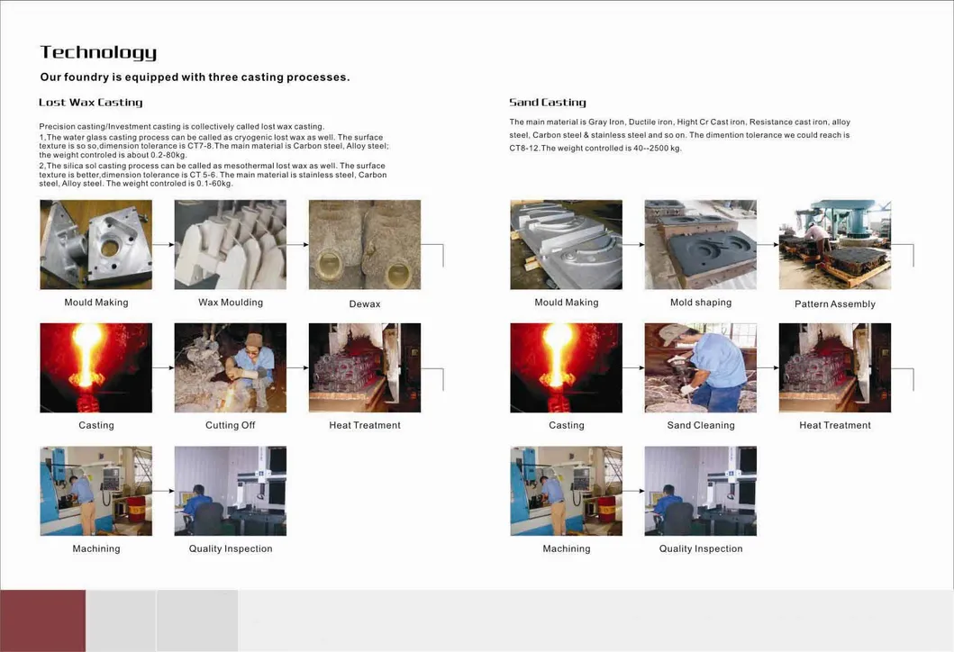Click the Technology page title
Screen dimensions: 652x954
pos(98,52)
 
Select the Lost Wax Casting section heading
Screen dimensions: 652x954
pos(90,103)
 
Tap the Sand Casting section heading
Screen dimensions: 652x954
pos(547,103)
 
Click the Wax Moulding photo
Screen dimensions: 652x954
pos(230,244)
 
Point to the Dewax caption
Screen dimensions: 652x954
pos(365,304)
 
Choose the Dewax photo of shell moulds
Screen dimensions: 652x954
pos(365,244)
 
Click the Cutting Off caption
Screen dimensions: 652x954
pos(230,425)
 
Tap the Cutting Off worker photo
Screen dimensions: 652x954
pos(230,367)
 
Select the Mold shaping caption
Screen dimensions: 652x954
pos(701,303)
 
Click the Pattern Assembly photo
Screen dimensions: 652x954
pos(835,244)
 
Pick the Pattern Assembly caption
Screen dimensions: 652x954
pos(835,304)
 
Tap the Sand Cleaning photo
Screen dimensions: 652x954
pos(701,367)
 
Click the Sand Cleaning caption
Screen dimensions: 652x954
pos(701,425)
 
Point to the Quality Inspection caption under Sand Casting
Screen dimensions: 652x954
pos(701,548)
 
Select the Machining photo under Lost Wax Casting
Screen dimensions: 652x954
pos(95,491)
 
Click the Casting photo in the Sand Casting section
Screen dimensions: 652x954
pos(566,367)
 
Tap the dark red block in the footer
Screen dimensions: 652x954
pos(42,620)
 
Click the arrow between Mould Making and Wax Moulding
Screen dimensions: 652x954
pos(163,244)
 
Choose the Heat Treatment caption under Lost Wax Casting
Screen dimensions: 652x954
pos(365,425)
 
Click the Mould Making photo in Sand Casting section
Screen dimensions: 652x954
pos(566,244)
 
